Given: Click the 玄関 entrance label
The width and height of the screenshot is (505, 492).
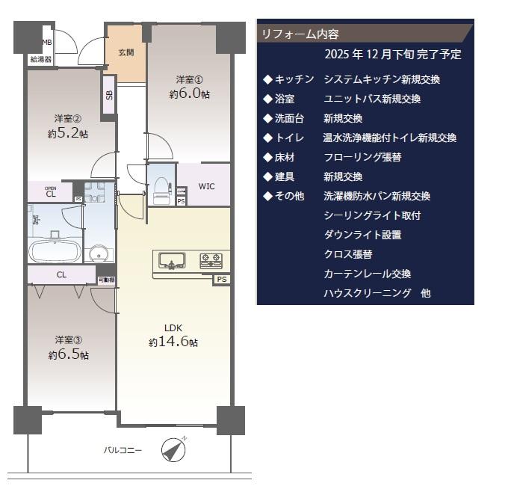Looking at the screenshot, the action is coord(126,52).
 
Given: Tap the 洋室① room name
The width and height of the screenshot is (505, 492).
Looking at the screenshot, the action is coord(190,80).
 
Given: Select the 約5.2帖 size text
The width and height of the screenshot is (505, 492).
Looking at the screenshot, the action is coord(68,133).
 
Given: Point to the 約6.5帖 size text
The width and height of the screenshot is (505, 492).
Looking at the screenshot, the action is coord(68,354).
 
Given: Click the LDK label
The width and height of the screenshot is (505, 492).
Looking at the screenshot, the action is coord(173,328).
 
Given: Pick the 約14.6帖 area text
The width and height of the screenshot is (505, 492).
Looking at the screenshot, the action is coord(173,342).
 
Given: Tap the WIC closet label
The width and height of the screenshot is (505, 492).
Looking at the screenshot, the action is coord(206,186).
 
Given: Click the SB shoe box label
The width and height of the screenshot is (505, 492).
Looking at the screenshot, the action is coord(109,95).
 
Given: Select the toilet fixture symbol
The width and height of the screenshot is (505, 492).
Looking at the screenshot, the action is coord(162,191).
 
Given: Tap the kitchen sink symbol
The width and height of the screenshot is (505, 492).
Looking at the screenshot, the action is coord(173,261).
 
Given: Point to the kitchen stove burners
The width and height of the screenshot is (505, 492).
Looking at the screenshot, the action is coord(211,261).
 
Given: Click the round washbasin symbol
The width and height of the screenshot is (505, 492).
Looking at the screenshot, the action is coord(99,253).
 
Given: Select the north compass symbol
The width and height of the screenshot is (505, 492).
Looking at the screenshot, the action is coord(173,449).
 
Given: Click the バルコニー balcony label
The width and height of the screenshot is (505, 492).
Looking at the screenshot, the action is coord(123,450).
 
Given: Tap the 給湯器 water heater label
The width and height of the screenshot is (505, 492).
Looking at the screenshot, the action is coord(41,59).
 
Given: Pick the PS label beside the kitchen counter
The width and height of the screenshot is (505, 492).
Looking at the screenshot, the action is coord(222,279).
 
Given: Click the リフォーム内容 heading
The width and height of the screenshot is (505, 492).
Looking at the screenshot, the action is coord(300,34).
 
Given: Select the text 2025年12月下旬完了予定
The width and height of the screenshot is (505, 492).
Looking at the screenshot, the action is coord(393,54).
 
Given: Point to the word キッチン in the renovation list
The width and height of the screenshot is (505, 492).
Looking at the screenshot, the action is coord(294,79).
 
